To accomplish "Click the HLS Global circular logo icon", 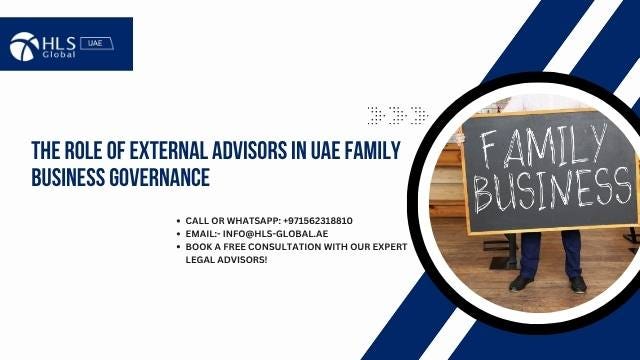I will [23, 46].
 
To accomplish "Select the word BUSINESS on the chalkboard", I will [546, 191].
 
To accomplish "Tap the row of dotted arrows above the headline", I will [397, 115].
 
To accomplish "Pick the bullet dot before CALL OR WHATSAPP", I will [179, 219].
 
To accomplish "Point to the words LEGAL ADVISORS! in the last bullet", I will [227, 259].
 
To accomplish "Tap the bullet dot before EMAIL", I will [179, 232].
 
